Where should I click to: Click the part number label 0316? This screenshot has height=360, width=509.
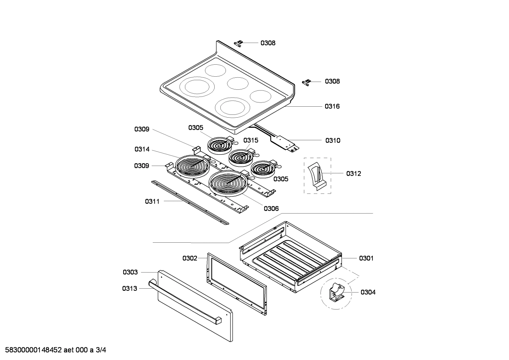click(x=332, y=106)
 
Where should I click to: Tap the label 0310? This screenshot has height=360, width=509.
click(x=333, y=141)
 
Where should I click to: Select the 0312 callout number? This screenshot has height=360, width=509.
click(x=353, y=173)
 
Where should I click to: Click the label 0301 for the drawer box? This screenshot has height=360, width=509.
click(x=366, y=258)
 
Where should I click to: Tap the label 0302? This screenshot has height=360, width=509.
click(x=190, y=258)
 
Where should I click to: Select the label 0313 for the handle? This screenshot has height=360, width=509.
click(x=130, y=289)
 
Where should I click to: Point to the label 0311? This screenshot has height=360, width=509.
click(x=152, y=201)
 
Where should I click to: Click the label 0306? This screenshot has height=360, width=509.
click(x=271, y=208)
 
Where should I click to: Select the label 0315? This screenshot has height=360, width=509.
click(x=251, y=140)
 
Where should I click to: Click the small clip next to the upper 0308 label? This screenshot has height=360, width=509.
click(x=239, y=43)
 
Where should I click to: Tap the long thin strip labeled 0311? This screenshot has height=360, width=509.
click(x=189, y=202)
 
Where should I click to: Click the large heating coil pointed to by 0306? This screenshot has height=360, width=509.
click(x=228, y=183)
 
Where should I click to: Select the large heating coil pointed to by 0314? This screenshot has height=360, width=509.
click(x=193, y=166)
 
